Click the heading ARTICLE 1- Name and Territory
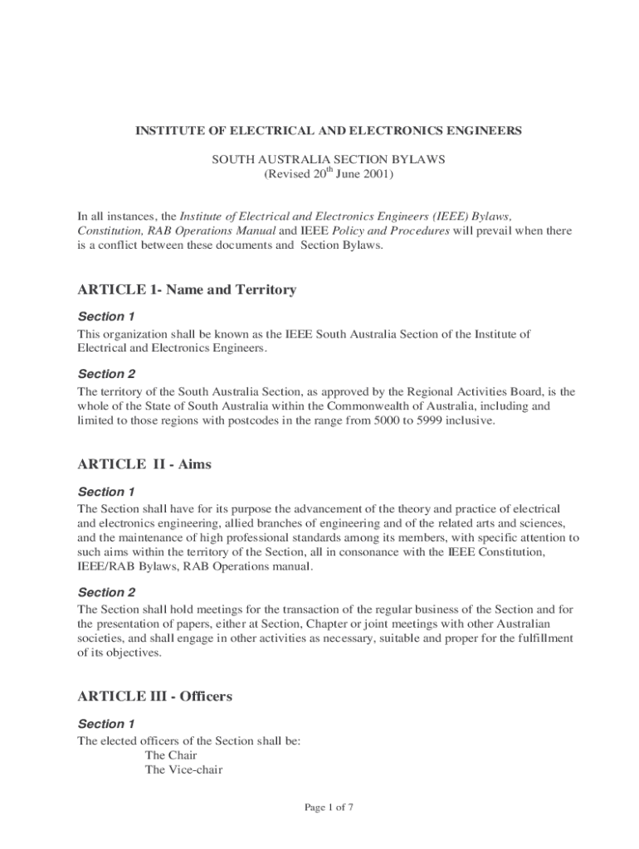tap(187, 289)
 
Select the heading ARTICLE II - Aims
tap(144, 464)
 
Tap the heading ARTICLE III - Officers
tap(154, 696)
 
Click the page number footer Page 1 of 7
tap(330, 808)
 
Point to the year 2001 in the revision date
tap(374, 176)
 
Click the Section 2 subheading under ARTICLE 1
tap(106, 374)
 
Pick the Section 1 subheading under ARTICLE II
tap(106, 492)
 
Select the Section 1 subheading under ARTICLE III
tap(106, 724)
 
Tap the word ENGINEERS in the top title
tap(486, 131)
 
